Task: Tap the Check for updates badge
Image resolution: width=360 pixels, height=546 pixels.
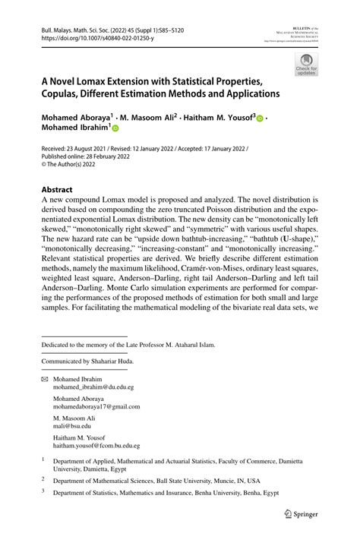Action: [x=306, y=65]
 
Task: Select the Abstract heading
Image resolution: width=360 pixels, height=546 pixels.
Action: [x=57, y=189]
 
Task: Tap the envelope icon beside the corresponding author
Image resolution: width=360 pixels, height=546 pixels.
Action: [x=44, y=378]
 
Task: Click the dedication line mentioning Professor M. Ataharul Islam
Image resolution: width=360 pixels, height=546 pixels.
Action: [x=128, y=345]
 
